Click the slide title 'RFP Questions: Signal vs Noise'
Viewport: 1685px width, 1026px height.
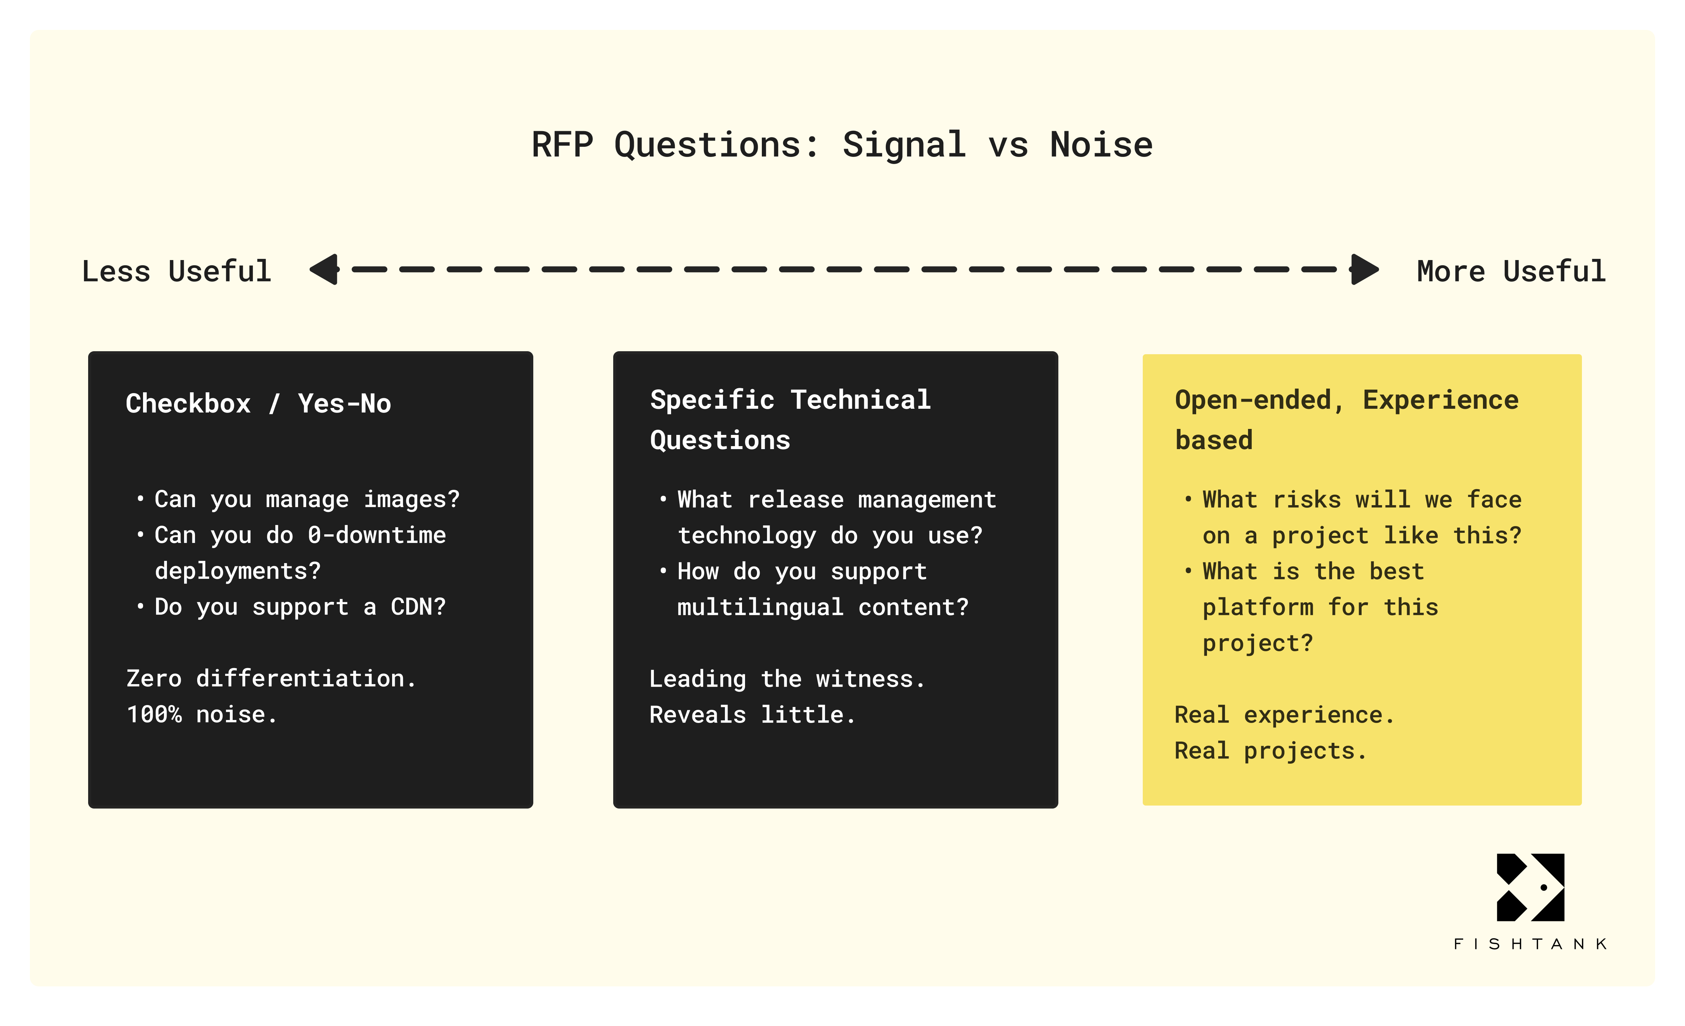click(x=842, y=145)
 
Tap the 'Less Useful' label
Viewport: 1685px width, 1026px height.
click(x=176, y=272)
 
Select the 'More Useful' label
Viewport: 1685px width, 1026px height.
click(x=1511, y=272)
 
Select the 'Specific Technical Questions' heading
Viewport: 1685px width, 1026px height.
click(x=790, y=419)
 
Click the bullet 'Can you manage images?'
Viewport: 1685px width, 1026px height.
click(x=306, y=499)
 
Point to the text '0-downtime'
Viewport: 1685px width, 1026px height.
click(x=376, y=535)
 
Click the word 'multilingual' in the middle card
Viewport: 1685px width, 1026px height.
click(x=760, y=608)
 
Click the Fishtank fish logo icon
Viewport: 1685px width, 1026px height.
click(x=1530, y=887)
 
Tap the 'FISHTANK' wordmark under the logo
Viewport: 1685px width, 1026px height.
click(x=1530, y=944)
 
